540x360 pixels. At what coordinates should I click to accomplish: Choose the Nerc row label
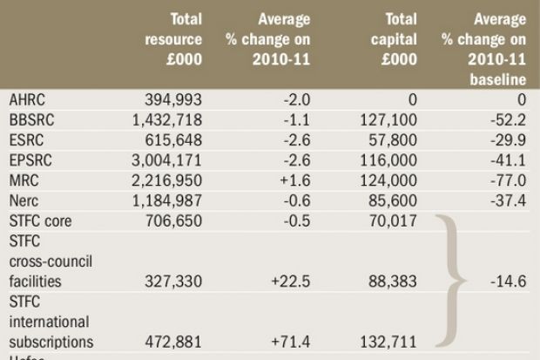coord(24,200)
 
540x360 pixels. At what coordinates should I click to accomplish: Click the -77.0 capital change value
coord(508,180)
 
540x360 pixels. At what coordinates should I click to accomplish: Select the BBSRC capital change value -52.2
coord(508,120)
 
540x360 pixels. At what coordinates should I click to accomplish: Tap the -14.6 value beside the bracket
coord(508,282)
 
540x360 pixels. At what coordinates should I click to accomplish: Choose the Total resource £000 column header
coord(173,38)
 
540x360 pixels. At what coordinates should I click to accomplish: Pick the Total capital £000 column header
coord(391,38)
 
